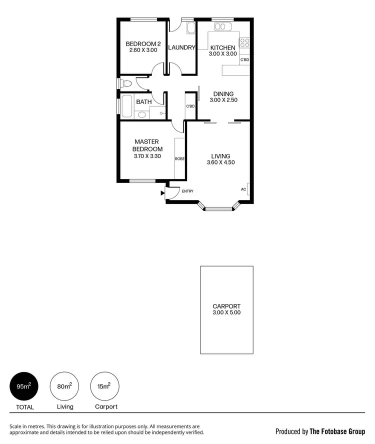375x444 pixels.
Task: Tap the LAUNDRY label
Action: (x=181, y=48)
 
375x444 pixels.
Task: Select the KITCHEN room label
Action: (x=222, y=48)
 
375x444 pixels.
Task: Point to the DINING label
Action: (x=223, y=93)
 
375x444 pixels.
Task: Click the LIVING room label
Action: (x=220, y=156)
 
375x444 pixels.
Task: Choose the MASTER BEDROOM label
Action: (x=147, y=145)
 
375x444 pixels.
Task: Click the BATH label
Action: (x=144, y=102)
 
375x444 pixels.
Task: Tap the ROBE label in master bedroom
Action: (x=179, y=158)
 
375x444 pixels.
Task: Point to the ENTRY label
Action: (x=187, y=191)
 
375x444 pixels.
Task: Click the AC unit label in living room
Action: (x=243, y=189)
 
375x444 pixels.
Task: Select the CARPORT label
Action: (x=226, y=306)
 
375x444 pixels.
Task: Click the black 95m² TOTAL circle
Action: (x=24, y=386)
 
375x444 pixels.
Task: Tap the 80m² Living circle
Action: (x=64, y=386)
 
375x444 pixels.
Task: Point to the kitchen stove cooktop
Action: (x=245, y=42)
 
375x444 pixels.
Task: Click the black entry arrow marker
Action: (x=162, y=192)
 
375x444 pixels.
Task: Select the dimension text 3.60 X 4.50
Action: (x=220, y=162)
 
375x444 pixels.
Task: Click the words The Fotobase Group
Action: (x=337, y=431)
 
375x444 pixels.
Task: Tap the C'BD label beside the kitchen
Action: (x=244, y=60)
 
